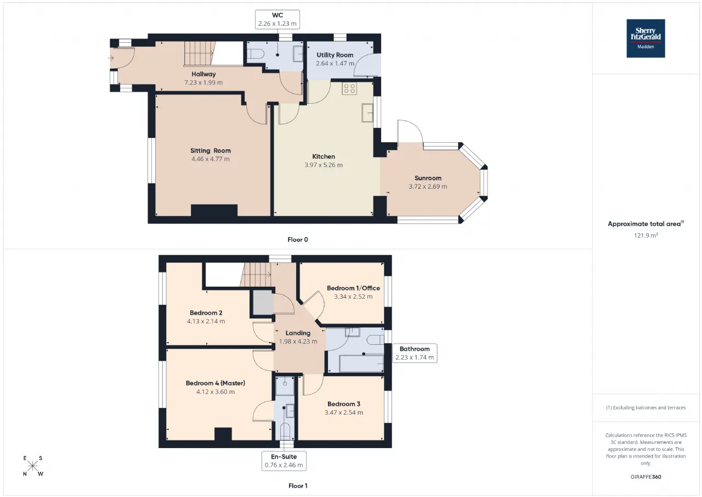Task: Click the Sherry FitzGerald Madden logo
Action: pyautogui.click(x=646, y=38)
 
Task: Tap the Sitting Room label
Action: pyautogui.click(x=211, y=150)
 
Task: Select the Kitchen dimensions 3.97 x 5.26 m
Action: pyautogui.click(x=324, y=165)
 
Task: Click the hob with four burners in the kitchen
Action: pyautogui.click(x=349, y=88)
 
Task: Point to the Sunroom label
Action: pyautogui.click(x=428, y=178)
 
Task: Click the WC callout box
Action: pyautogui.click(x=278, y=19)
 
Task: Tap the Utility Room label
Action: pyautogui.click(x=335, y=55)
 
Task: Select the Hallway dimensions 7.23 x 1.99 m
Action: pyautogui.click(x=203, y=82)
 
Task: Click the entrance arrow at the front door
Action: pyautogui.click(x=111, y=58)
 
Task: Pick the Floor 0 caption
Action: pyautogui.click(x=298, y=240)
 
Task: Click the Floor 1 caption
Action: pyautogui.click(x=298, y=486)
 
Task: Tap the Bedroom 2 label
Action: pyautogui.click(x=206, y=313)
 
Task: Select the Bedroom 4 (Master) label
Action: pyautogui.click(x=216, y=383)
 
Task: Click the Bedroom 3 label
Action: pyautogui.click(x=344, y=404)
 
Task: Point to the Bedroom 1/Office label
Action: pyautogui.click(x=353, y=288)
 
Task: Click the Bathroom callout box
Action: pyautogui.click(x=415, y=353)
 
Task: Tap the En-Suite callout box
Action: pyautogui.click(x=284, y=461)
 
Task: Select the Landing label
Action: pyautogui.click(x=298, y=333)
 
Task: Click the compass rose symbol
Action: pyautogui.click(x=32, y=466)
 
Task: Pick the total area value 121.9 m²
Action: pyautogui.click(x=646, y=236)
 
